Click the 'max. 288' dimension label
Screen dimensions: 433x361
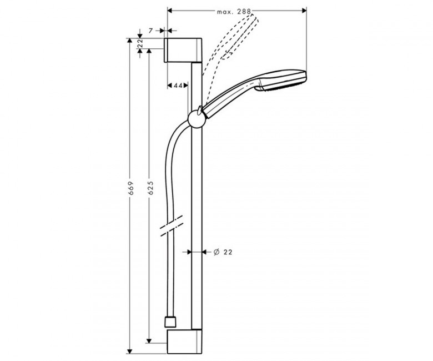234,12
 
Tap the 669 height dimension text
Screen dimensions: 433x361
131,188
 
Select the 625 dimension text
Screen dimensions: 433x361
151,188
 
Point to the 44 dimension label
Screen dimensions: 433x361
178,86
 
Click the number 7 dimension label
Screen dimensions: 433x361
150,31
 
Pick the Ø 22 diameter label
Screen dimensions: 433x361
223,252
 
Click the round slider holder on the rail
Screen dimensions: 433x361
197,119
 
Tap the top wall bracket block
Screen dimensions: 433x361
184,51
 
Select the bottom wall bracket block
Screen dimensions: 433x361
184,342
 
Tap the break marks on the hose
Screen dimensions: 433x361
172,226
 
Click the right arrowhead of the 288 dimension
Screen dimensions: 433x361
304,11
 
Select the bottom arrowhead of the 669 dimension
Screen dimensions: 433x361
129,352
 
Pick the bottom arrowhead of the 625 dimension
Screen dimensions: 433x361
149,341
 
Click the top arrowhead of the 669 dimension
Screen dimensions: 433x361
129,41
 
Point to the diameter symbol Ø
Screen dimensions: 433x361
216,252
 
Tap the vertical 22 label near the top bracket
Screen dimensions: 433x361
140,43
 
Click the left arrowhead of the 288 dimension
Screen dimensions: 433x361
170,11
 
